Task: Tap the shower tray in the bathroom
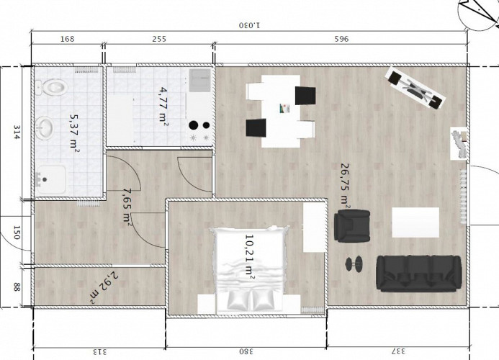point(53,179)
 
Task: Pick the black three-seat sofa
point(418,273)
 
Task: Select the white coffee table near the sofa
point(415,222)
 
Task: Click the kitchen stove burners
point(199,130)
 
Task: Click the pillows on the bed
point(248,299)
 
